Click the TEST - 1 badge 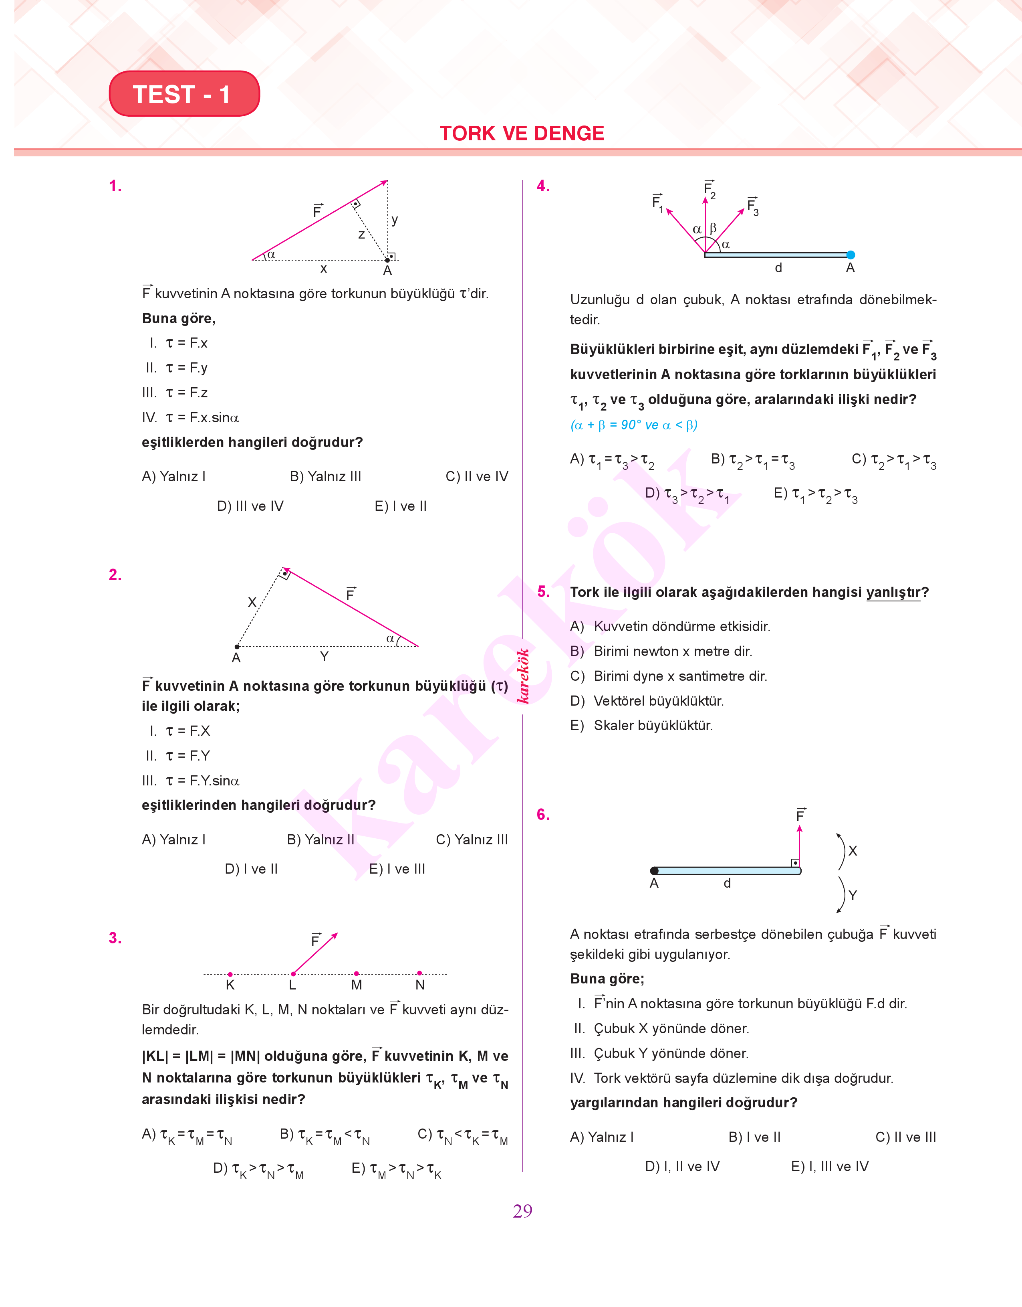(184, 94)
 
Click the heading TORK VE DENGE (522, 133)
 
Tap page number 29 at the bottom (522, 1211)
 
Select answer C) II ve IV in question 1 (476, 477)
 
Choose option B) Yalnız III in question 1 (325, 477)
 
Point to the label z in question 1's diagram (361, 235)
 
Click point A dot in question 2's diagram (237, 647)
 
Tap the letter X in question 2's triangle (252, 602)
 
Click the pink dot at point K (230, 974)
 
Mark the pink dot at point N (419, 973)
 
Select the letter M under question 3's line (357, 985)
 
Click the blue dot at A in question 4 (851, 255)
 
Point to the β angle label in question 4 (713, 228)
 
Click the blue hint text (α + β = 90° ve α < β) (634, 425)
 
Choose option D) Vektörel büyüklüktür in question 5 (647, 701)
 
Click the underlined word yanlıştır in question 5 (893, 592)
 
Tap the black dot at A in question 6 (655, 870)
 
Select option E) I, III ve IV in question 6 (829, 1166)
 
